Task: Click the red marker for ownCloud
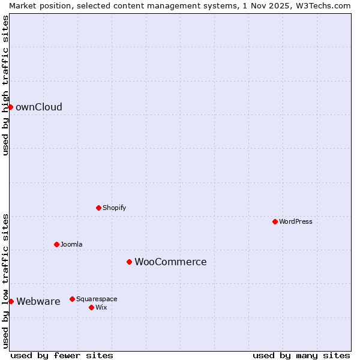pos(10,107)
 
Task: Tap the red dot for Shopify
pos(98,208)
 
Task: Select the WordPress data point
pos(275,221)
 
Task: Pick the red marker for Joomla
pos(56,244)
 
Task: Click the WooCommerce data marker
pos(129,262)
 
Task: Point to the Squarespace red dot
pos(72,299)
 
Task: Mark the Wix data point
pos(91,307)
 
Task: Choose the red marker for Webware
pos(11,301)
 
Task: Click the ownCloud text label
pos(39,107)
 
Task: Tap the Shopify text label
pos(114,208)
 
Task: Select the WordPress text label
pos(296,221)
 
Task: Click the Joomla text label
pos(71,244)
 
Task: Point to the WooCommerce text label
pos(170,262)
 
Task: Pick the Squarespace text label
pos(97,299)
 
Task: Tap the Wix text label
pos(101,307)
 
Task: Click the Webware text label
pos(38,302)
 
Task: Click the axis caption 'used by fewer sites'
pos(62,355)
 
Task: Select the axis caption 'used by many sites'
pos(301,355)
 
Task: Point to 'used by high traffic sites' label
pos(5,85)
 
